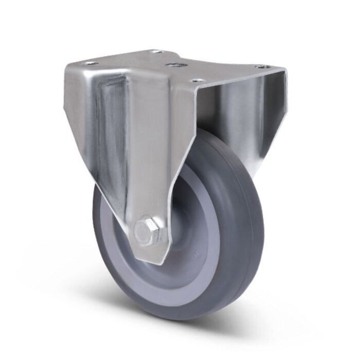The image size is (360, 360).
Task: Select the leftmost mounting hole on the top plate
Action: pyautogui.click(x=92, y=63)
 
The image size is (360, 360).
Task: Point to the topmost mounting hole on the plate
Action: pyautogui.click(x=157, y=51)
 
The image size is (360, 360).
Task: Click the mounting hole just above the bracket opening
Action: pyautogui.click(x=196, y=81)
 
